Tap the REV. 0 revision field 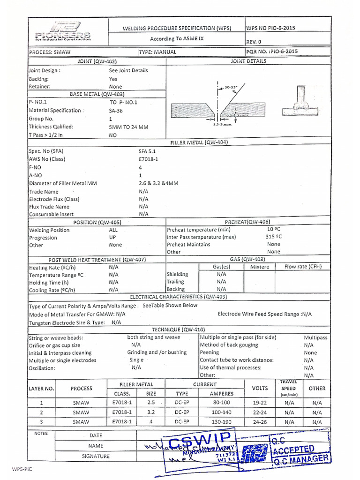point(254,41)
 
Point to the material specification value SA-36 point(115,111)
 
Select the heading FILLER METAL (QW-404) point(199,143)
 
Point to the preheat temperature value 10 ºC point(273,229)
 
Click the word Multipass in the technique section point(315,337)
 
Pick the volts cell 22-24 point(260,412)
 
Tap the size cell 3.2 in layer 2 point(151,412)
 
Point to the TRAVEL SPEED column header point(288,388)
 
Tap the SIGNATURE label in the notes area point(96,456)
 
